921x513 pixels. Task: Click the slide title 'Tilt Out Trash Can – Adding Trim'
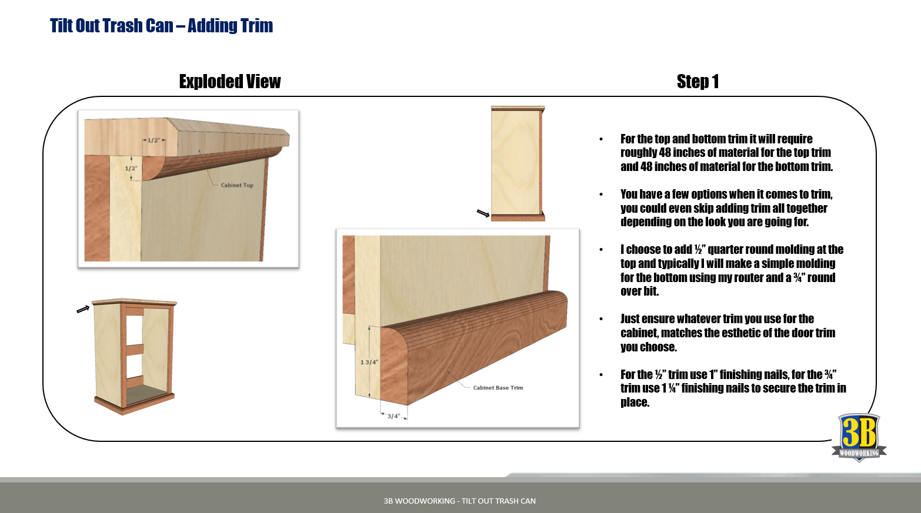coord(161,25)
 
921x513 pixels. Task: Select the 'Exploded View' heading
coord(230,81)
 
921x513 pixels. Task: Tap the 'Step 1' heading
coord(698,81)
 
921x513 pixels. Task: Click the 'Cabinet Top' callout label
coord(237,185)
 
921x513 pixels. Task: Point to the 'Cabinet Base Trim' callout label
coord(498,387)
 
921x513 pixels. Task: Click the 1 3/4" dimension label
coord(369,362)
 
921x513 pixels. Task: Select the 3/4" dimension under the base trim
coord(393,416)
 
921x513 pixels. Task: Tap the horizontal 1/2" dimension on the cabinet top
coord(153,140)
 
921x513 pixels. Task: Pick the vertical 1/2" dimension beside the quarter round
coord(131,169)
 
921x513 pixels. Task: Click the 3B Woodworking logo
coord(859,437)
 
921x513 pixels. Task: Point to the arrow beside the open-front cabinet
coord(83,309)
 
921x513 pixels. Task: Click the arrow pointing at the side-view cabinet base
coord(483,213)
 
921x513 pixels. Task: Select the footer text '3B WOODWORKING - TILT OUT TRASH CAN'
coord(460,501)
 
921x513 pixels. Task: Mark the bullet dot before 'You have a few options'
coord(601,195)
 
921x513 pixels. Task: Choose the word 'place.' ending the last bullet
coord(635,402)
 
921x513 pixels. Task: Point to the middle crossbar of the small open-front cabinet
coord(135,350)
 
